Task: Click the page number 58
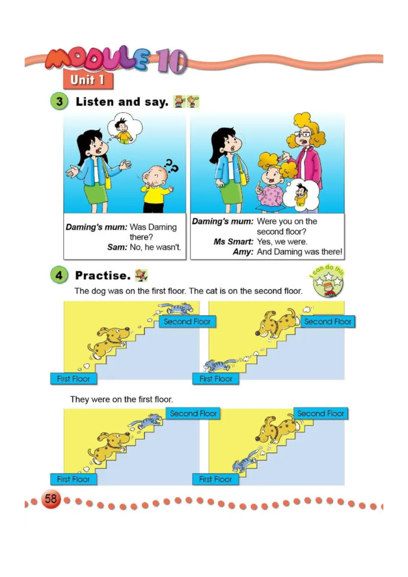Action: [51, 499]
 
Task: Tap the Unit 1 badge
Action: [88, 80]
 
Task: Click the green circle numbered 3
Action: [59, 101]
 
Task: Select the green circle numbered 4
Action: [59, 275]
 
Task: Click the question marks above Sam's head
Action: [171, 166]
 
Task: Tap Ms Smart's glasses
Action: [302, 134]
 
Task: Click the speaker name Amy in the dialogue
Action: [243, 252]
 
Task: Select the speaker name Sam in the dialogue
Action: [117, 247]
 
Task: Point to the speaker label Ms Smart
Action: [234, 242]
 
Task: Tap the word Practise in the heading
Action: [103, 275]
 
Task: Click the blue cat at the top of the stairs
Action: [176, 308]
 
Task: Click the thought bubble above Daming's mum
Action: [124, 129]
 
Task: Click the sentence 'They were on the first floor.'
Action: [121, 399]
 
